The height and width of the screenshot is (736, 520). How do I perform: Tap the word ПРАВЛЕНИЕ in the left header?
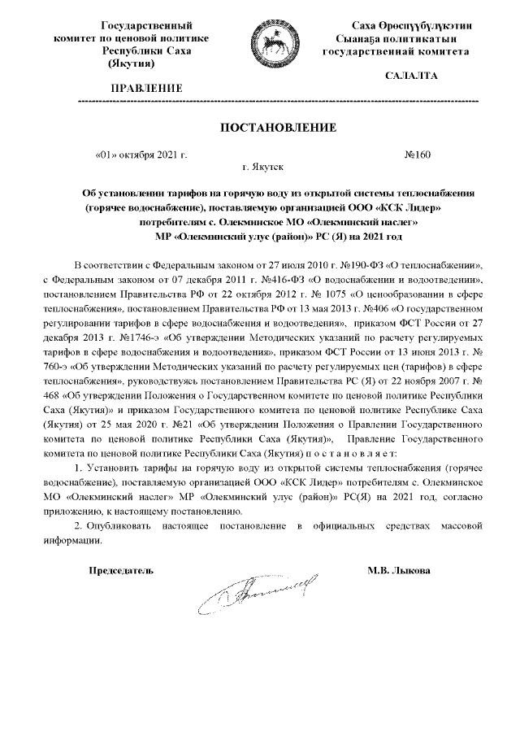pyautogui.click(x=147, y=87)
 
